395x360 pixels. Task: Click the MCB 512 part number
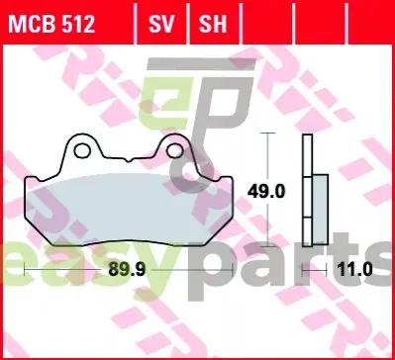coord(51,24)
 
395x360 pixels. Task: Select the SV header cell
coord(161,24)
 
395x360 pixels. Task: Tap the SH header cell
coord(213,24)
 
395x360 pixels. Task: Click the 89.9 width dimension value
coord(127,270)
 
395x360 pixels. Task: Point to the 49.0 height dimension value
coord(266,192)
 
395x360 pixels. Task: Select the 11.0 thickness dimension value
coord(354,270)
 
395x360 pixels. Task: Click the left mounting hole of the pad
coord(82,150)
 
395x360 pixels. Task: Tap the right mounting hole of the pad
coord(175,150)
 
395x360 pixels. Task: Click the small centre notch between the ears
coord(129,160)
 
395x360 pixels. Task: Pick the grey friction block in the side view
coord(320,210)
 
